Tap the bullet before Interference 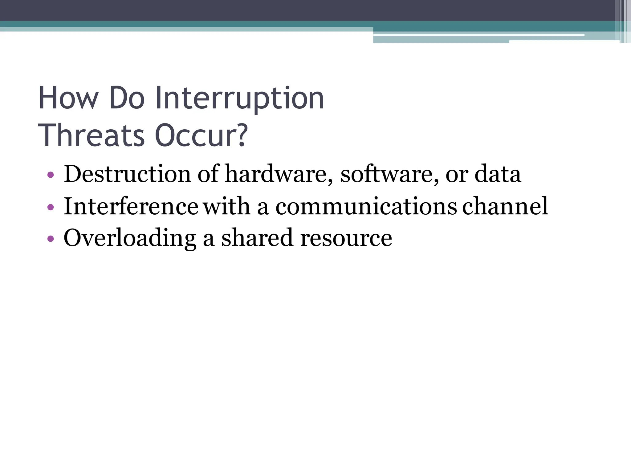(x=51, y=207)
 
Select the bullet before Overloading (x=51, y=239)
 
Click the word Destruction (x=127, y=174)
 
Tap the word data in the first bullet (x=498, y=174)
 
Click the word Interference (x=131, y=206)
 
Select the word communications (x=366, y=206)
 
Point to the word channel (x=505, y=206)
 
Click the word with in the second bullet (x=226, y=206)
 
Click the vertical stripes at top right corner (x=625, y=21)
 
